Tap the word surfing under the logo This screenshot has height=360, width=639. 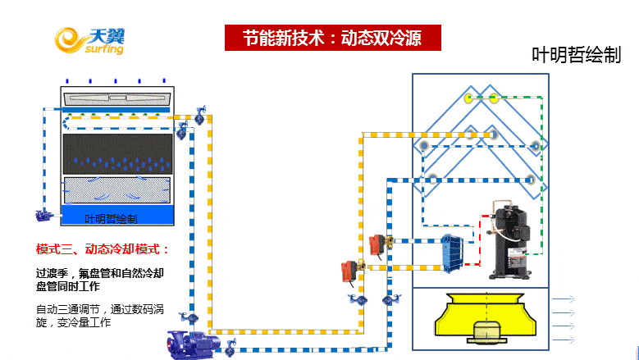103,49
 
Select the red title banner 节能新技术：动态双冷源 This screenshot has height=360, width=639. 333,38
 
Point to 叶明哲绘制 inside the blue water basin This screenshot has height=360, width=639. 112,219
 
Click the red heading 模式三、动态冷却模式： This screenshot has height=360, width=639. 103,248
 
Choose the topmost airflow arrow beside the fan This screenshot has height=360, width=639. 564,300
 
